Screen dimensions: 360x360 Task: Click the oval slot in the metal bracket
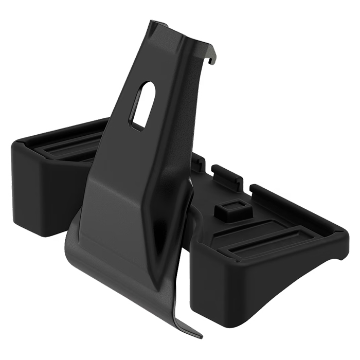(142, 105)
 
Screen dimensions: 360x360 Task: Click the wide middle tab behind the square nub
(227, 176)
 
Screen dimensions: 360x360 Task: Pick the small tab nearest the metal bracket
(197, 163)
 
